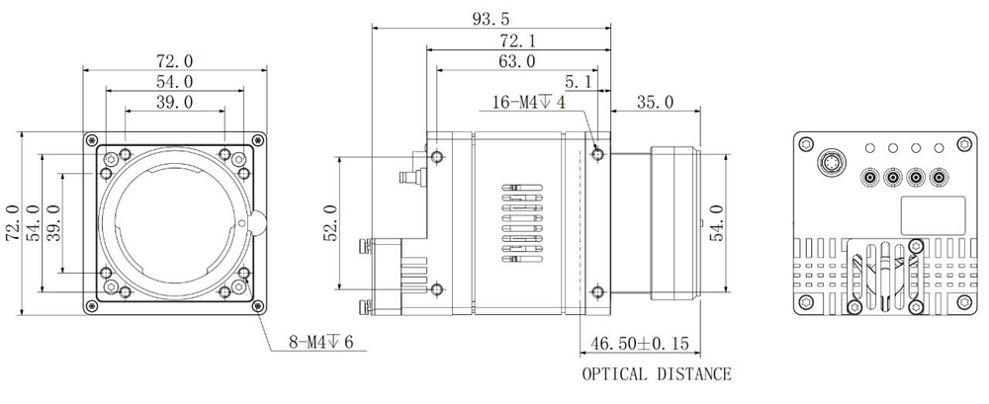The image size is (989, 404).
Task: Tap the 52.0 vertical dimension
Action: [x=331, y=223]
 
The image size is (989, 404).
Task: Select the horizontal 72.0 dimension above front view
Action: [x=173, y=61]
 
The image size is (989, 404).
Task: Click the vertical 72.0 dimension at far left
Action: [x=13, y=223]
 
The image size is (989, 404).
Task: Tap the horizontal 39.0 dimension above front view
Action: [x=173, y=102]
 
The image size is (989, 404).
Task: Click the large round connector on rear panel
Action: [x=829, y=159]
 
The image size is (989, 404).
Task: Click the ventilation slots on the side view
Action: [x=520, y=222]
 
